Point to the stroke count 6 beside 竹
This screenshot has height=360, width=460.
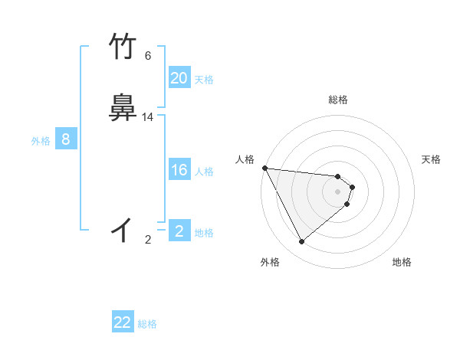click(148, 56)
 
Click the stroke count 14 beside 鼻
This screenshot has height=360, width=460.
click(148, 117)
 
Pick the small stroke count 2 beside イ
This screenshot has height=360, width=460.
click(148, 240)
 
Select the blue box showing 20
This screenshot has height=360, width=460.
click(179, 78)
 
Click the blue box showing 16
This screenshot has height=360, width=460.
click(179, 170)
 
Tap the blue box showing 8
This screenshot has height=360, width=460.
click(66, 139)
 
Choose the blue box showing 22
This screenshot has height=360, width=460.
click(123, 322)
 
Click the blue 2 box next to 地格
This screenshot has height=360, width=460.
click(179, 231)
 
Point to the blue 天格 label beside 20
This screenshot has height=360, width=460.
click(204, 80)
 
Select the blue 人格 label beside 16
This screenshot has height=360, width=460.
click(204, 172)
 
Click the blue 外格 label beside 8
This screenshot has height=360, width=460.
click(41, 141)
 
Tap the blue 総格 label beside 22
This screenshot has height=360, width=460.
click(147, 324)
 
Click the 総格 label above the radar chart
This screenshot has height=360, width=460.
click(338, 100)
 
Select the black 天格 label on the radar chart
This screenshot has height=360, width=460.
click(432, 159)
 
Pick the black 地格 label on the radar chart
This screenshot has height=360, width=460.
click(402, 263)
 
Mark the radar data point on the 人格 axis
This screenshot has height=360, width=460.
click(264, 168)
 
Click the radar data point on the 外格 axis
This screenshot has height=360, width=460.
click(302, 242)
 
